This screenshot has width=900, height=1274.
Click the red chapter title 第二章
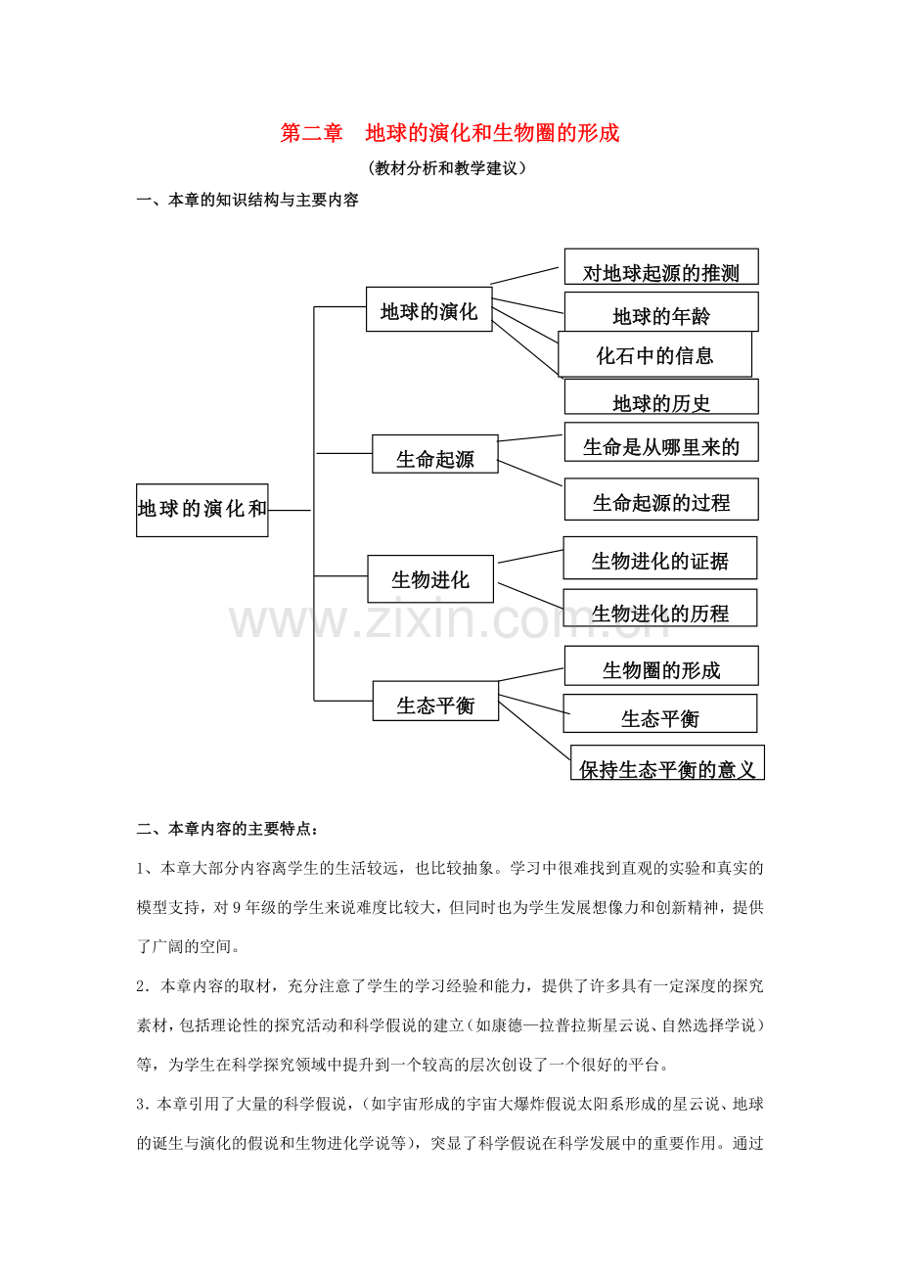click(x=311, y=133)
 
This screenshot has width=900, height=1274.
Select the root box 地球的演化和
click(x=202, y=510)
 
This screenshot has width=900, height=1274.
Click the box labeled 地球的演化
click(x=428, y=309)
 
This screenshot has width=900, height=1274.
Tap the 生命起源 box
click(x=435, y=454)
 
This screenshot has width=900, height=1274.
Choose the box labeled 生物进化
click(x=430, y=579)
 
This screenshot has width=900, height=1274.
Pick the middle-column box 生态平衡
click(x=435, y=701)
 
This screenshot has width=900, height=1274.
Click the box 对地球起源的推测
click(x=661, y=266)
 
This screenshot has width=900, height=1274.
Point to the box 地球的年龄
click(x=661, y=312)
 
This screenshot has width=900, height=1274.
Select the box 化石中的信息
click(x=655, y=354)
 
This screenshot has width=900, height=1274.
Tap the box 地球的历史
click(x=661, y=396)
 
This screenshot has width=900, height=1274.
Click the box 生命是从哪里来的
click(x=661, y=442)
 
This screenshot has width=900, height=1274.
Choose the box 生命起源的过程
click(x=661, y=499)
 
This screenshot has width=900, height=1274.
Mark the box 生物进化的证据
click(x=660, y=558)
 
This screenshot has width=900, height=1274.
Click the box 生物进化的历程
click(x=660, y=608)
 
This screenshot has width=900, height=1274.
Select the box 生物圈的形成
click(x=661, y=665)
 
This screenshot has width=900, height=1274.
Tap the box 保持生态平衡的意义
click(x=667, y=762)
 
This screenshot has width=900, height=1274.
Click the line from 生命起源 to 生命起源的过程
click(x=530, y=474)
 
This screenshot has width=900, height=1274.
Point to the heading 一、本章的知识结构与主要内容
click(x=247, y=201)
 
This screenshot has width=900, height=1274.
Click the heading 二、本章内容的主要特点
click(x=227, y=829)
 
